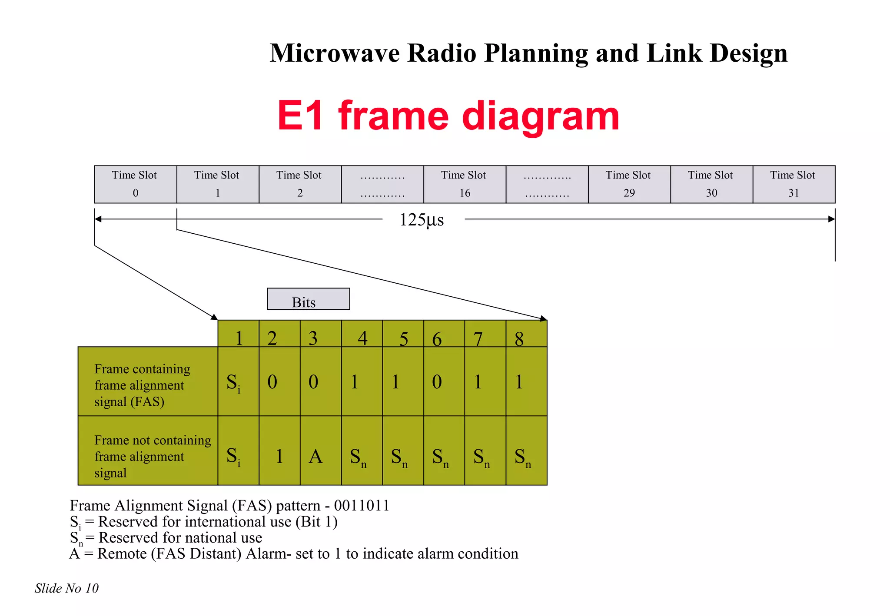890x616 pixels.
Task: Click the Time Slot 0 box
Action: coord(135,184)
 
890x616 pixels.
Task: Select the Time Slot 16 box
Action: coord(464,184)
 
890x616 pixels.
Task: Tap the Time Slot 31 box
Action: coord(794,184)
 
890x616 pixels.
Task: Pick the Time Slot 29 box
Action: coord(629,184)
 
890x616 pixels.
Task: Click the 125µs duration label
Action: coord(422,220)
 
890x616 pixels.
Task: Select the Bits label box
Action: coord(308,299)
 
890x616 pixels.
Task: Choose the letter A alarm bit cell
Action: coord(320,451)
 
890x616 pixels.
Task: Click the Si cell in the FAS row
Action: coord(238,381)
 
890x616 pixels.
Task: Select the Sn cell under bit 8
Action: coord(526,451)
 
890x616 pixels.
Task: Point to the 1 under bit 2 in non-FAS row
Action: coord(279,451)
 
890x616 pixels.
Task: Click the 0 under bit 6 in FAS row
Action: coord(444,381)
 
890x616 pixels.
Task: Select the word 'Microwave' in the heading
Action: coord(334,53)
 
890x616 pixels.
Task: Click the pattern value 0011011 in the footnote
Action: coord(361,506)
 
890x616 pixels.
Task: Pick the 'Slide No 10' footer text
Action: coord(66,588)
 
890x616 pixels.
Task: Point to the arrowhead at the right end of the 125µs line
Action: coord(831,219)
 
